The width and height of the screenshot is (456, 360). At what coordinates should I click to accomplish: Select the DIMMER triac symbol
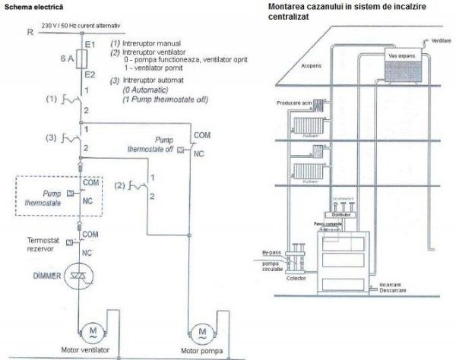pos(80,279)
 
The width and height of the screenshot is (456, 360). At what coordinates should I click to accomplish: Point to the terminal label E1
pos(87,44)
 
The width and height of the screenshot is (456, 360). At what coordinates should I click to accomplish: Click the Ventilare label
pos(442,39)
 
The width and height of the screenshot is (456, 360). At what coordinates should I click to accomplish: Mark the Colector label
pos(296,278)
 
